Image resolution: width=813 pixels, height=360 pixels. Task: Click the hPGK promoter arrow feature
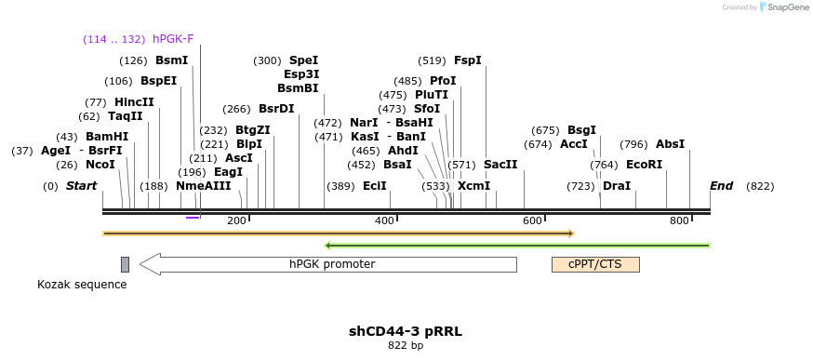click(330, 264)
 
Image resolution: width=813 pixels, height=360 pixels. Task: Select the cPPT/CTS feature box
click(595, 264)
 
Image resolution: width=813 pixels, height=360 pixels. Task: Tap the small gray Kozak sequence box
click(125, 264)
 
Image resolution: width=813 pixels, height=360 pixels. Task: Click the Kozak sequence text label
click(82, 285)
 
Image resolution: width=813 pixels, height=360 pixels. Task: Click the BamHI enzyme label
click(107, 137)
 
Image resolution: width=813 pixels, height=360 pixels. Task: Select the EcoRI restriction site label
click(644, 165)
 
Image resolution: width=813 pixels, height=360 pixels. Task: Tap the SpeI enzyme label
click(303, 60)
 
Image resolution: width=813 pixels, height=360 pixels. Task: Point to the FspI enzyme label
click(468, 60)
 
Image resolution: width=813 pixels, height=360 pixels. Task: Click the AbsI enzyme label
click(670, 144)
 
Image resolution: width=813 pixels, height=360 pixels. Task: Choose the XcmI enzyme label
click(473, 186)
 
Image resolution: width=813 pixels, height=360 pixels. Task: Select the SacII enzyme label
click(500, 165)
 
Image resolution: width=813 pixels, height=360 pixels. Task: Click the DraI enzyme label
click(617, 186)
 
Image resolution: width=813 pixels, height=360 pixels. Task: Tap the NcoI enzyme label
click(100, 165)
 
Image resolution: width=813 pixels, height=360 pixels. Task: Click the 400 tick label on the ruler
click(384, 220)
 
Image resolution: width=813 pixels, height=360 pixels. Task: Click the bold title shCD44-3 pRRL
click(406, 331)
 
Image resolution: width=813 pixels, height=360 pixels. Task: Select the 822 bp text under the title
click(406, 346)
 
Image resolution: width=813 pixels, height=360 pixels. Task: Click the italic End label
click(722, 186)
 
